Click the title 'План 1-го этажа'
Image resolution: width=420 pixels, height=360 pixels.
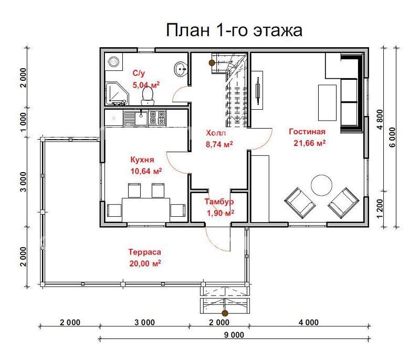click(x=234, y=30)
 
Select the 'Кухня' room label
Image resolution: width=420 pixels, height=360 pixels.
click(x=142, y=160)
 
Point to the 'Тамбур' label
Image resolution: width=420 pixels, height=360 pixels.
click(x=219, y=202)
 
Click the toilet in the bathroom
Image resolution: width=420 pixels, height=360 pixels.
click(x=148, y=94)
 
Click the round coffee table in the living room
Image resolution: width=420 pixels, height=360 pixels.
click(x=321, y=185)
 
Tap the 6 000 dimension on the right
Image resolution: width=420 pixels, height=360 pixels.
click(x=392, y=137)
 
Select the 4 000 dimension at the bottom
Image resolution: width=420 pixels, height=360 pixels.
click(x=308, y=322)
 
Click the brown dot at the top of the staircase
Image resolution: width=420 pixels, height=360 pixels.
click(x=212, y=63)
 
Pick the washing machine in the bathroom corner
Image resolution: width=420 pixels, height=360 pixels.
click(x=113, y=61)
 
